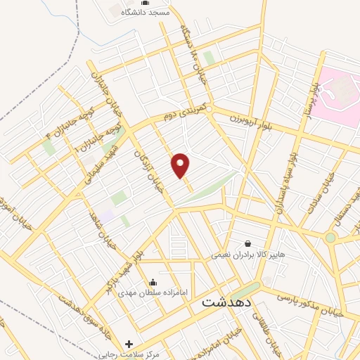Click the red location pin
click(181, 165)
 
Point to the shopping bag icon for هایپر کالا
click(247, 243)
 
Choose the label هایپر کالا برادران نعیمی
click(248, 255)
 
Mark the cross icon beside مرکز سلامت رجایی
click(128, 344)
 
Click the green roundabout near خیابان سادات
click(330, 238)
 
